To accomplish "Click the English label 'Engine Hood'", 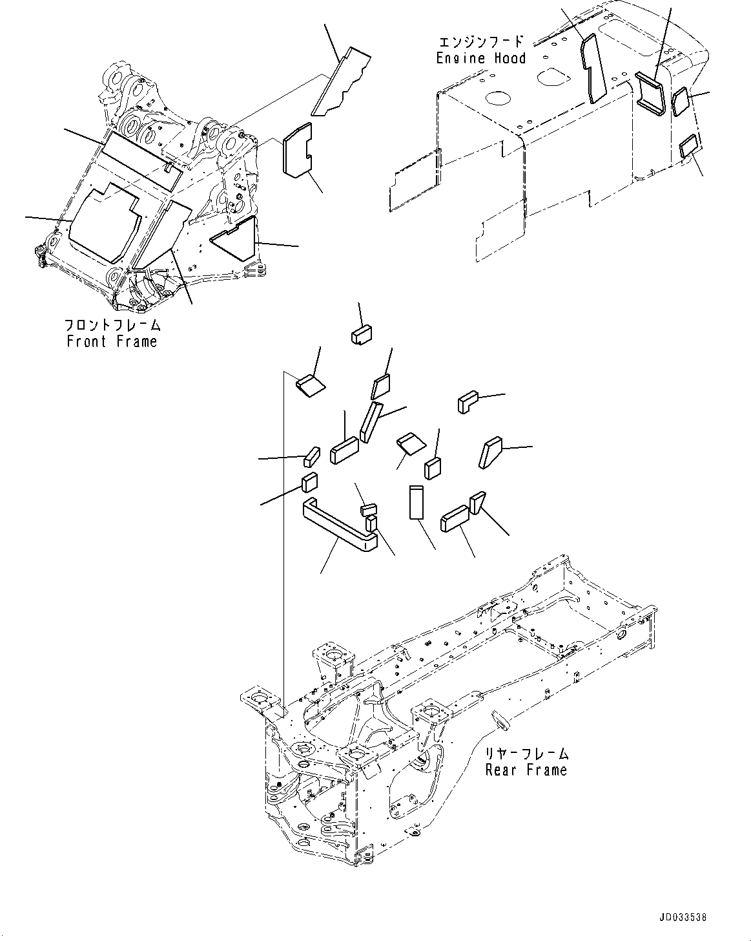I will (x=481, y=58).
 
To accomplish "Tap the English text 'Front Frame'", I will (x=112, y=341).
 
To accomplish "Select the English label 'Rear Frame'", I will (x=526, y=770).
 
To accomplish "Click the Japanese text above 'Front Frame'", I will (x=112, y=325).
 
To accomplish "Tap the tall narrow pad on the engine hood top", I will (x=593, y=68).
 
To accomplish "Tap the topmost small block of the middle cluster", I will (x=363, y=335).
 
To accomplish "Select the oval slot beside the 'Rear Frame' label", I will (x=500, y=718).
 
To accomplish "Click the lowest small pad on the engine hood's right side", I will (x=690, y=147).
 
